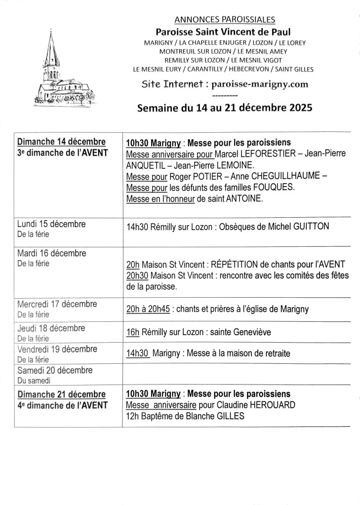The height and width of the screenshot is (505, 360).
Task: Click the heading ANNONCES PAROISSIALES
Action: click(x=225, y=20)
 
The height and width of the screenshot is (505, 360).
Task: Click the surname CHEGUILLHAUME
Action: click(x=285, y=176)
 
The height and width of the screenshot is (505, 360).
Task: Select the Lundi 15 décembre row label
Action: click(x=51, y=224)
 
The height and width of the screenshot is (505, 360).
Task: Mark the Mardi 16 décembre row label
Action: click(x=52, y=253)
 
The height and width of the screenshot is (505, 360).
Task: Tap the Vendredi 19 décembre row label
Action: click(x=57, y=349)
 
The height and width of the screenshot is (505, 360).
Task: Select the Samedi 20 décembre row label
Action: click(x=54, y=370)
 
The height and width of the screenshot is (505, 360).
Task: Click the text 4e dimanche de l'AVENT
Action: click(x=62, y=405)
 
